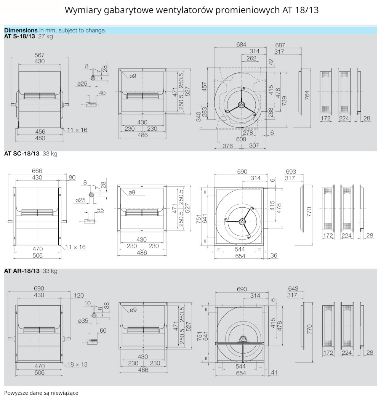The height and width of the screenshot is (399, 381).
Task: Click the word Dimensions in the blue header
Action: tap(21, 30)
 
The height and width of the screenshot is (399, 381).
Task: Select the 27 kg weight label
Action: tap(45, 37)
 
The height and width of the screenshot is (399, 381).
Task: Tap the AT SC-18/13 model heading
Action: tap(22, 154)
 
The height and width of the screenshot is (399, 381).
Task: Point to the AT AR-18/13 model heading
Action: tap(22, 271)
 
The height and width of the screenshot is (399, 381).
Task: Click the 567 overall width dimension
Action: tap(39, 54)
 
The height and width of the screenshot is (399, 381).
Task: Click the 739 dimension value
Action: tap(284, 101)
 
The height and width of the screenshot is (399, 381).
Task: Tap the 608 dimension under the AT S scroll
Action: tap(241, 139)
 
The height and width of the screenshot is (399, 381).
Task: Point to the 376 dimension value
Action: tap(228, 146)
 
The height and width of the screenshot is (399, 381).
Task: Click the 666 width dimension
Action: tap(37, 171)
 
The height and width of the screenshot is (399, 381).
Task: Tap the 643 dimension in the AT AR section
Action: tap(293, 288)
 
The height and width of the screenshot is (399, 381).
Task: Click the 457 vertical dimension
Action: tap(204, 86)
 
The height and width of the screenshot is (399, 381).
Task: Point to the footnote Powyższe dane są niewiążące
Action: tap(41, 393)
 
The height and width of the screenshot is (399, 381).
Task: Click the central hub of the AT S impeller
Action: tap(241, 104)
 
